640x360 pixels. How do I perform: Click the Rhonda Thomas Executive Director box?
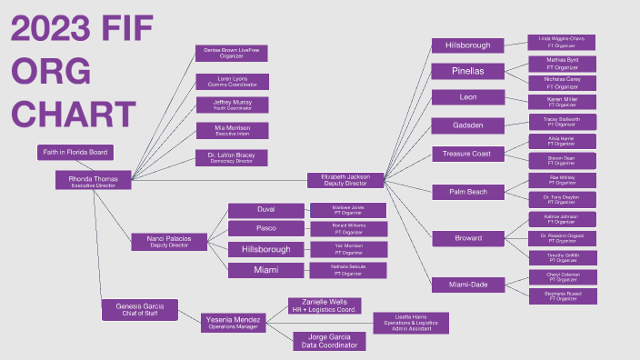pos(94,181)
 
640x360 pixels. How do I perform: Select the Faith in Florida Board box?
pos(75,152)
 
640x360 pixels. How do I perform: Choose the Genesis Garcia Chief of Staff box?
pos(139,310)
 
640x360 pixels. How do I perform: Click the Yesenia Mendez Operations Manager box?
pos(232,323)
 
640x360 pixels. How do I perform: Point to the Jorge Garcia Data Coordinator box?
pos(329,341)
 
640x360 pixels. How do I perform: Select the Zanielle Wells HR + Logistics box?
pos(325,305)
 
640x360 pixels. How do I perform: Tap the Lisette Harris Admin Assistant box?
pos(412,323)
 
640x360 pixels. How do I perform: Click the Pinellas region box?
pos(469,71)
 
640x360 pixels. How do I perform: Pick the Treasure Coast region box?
pos(469,154)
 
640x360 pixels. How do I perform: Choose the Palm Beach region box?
pos(469,192)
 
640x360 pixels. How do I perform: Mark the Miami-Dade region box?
pos(469,285)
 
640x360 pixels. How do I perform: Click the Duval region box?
pos(265,210)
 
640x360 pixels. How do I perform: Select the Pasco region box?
pos(265,228)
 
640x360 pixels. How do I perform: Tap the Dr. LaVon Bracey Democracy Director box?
pos(232,158)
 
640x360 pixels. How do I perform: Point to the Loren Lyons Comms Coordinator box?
pos(232,81)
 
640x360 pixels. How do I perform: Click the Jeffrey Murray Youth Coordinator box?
pos(232,105)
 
